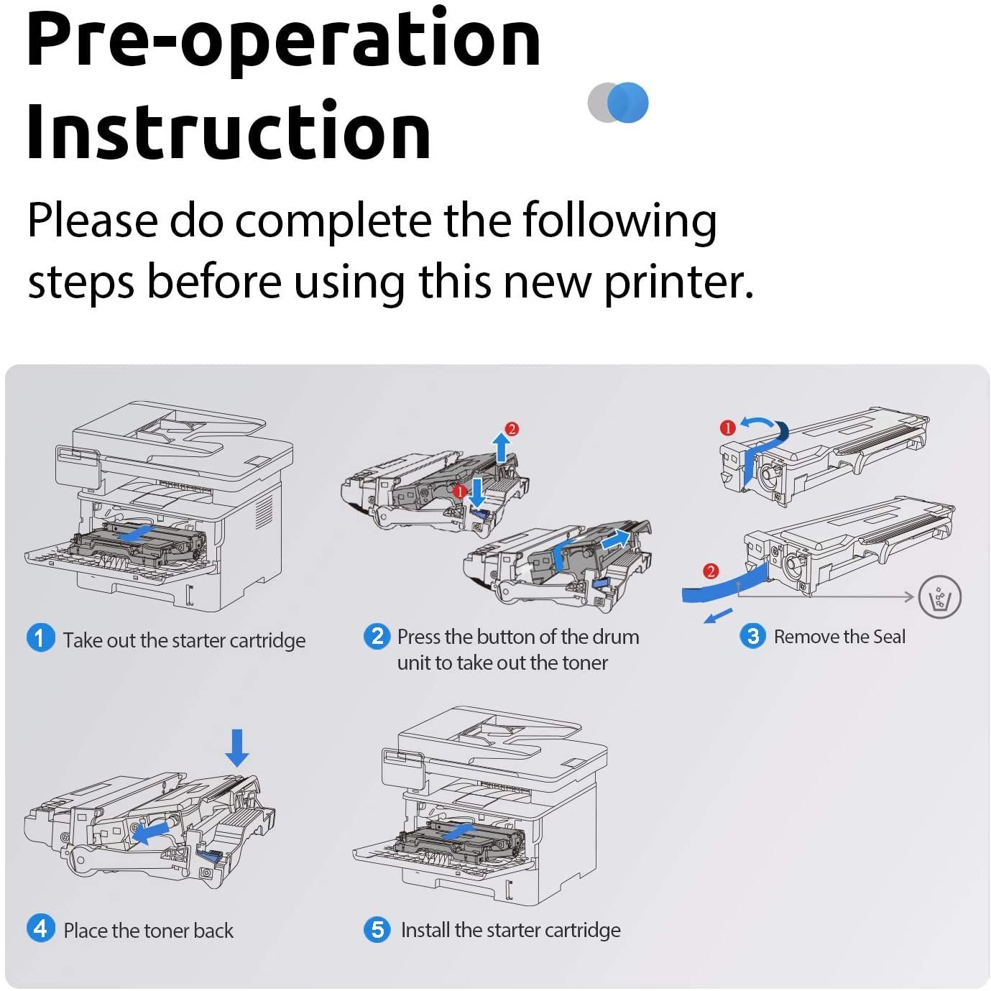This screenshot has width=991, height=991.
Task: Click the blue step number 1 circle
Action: pos(40,637)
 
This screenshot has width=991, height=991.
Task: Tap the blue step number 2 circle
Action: pos(377,636)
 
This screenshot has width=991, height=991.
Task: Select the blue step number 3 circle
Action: pos(752,636)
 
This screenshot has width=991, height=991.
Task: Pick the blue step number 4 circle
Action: pos(40,928)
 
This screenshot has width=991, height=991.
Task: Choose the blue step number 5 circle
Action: pos(377,929)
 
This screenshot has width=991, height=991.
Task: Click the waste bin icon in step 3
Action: pos(939,596)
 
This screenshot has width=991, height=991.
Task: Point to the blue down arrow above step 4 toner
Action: pos(237,748)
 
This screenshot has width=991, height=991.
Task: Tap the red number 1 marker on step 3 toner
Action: pos(727,428)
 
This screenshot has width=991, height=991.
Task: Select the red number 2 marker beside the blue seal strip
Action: pos(710,571)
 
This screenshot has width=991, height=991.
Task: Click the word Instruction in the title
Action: pos(229,132)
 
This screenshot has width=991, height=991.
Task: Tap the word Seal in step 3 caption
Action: pos(888,637)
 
